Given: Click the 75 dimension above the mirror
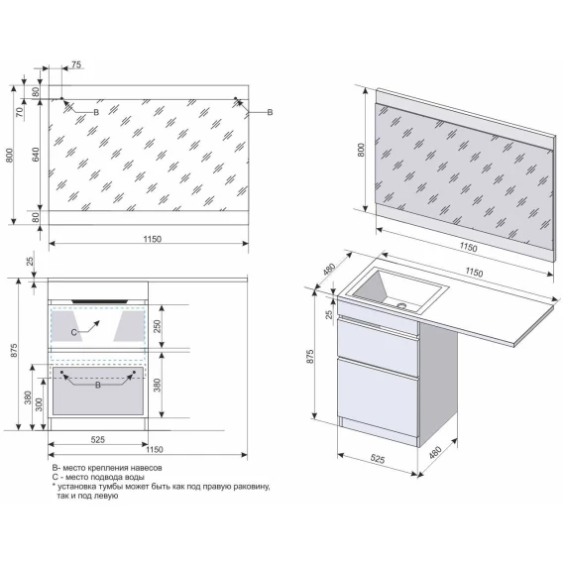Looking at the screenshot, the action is click(76, 64).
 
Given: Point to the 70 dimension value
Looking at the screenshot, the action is click(20, 112).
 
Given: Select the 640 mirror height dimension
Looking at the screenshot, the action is click(36, 155).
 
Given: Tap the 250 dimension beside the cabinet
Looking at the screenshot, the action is click(158, 326).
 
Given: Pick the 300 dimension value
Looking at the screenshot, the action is click(39, 404).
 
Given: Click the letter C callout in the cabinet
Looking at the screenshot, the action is click(73, 332).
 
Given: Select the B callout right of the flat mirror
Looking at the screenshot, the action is click(270, 112).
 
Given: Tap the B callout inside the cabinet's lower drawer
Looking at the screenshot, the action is click(98, 386).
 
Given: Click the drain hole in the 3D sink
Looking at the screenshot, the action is click(401, 306).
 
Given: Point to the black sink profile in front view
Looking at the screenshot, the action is click(100, 301).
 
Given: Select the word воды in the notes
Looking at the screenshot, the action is click(136, 477).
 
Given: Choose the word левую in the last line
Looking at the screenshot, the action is click(106, 496).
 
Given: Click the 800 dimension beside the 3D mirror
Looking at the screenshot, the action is click(361, 150).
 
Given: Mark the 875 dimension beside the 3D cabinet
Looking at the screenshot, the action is click(310, 356).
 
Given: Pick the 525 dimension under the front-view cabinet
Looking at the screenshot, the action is click(98, 439).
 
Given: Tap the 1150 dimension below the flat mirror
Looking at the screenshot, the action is click(153, 239).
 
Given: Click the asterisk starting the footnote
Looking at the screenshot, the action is click(54, 486).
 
